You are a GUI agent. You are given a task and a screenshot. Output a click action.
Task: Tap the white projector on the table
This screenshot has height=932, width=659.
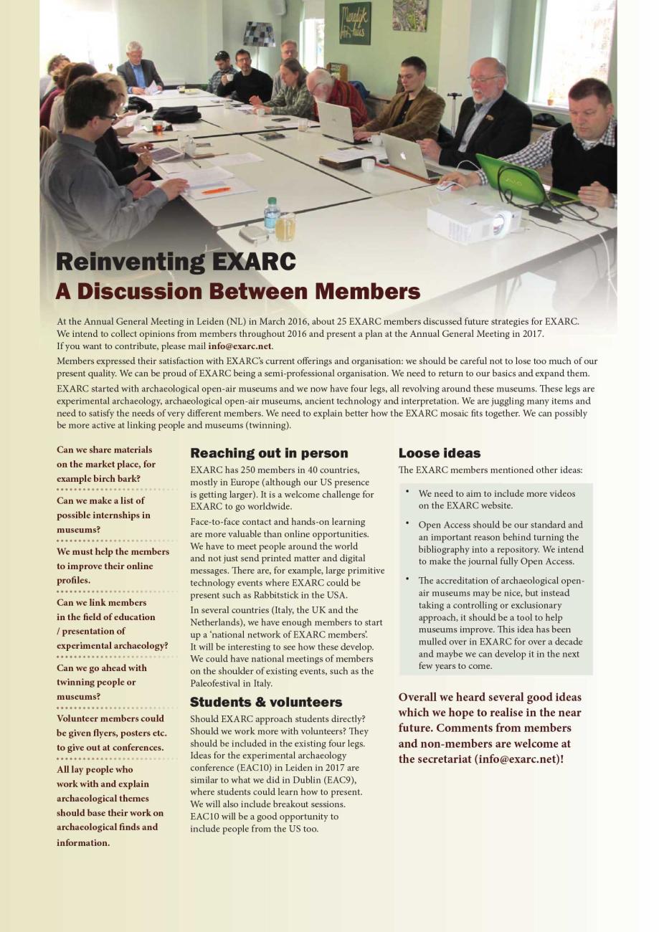click(x=473, y=222)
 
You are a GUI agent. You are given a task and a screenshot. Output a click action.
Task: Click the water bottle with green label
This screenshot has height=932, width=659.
click(x=271, y=216)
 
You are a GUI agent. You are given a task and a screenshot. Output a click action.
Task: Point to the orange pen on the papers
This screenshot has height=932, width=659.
click(x=216, y=191)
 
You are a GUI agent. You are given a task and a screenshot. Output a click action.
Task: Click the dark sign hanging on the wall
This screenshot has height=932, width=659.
click(x=354, y=24)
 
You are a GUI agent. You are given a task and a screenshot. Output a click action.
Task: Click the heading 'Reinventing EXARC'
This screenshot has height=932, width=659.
click(x=176, y=262)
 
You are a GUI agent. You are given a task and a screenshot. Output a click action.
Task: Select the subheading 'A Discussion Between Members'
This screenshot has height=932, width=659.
click(x=237, y=292)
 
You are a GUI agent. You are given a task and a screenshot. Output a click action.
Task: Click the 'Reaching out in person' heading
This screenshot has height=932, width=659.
click(x=269, y=453)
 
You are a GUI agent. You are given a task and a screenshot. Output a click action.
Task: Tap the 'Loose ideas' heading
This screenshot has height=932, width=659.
click(x=440, y=453)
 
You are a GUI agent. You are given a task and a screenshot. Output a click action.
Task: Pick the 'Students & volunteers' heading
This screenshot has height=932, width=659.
click(x=266, y=702)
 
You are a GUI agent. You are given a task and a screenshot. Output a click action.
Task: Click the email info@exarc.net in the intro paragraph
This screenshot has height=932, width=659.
click(x=240, y=346)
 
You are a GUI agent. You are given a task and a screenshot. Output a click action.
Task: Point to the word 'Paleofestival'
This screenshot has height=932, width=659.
click(x=216, y=683)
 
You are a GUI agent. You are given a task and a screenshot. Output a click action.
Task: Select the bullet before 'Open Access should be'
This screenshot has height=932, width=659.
click(x=407, y=523)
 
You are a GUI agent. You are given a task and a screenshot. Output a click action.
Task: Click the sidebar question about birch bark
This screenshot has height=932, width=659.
click(x=105, y=464)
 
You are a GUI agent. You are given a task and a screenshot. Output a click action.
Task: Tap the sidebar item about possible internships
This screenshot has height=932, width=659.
click(x=103, y=515)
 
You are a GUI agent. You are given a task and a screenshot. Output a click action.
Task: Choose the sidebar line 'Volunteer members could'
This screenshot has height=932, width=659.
click(x=111, y=719)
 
